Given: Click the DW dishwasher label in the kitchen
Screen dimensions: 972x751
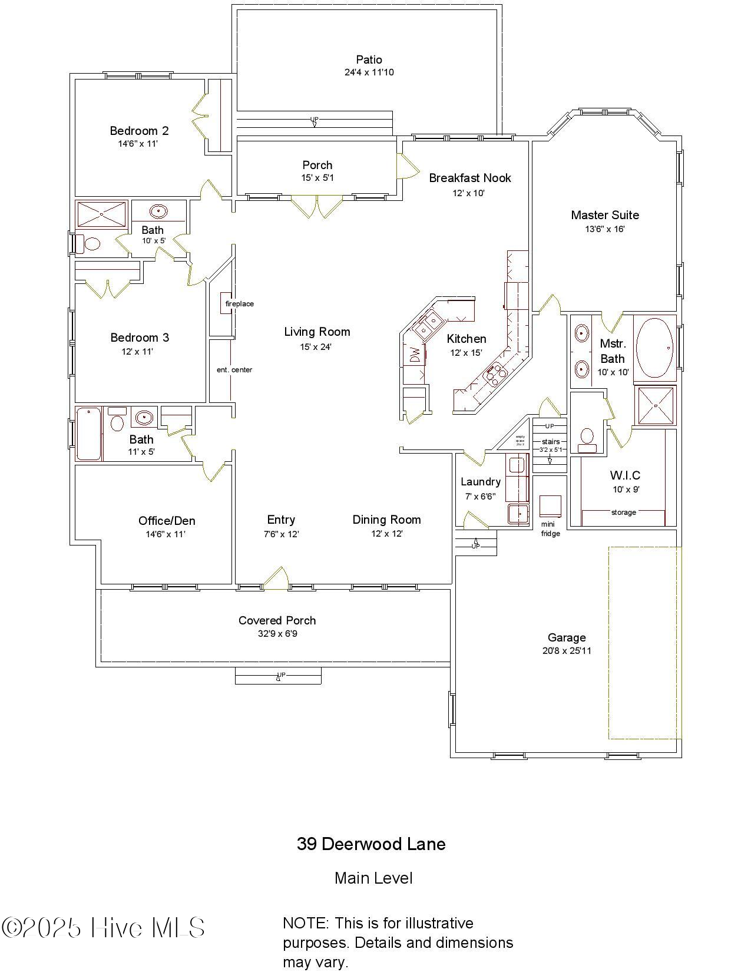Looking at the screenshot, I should pos(415,355).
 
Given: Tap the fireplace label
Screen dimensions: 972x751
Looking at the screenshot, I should pos(240,303).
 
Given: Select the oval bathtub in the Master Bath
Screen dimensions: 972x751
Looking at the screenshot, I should pos(655,348).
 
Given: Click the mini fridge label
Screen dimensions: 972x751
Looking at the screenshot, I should pos(550,530).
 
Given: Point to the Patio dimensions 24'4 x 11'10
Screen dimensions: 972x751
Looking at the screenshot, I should pos(369,72).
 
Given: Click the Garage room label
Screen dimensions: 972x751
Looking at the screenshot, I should pos(567,637).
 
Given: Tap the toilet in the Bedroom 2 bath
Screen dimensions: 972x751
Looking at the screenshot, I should pos(92,243).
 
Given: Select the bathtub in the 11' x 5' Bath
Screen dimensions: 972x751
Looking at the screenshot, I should pos(88,434).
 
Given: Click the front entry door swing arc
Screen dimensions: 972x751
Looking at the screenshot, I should pos(276,577).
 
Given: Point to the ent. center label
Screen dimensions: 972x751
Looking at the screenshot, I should pos(234,369).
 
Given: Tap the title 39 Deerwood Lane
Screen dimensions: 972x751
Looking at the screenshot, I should pos(371,844).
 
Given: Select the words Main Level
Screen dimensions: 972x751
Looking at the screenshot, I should pos(373,878).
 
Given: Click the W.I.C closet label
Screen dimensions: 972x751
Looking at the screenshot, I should pos(625,475).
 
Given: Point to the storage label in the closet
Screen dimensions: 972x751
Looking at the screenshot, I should pos(623,512).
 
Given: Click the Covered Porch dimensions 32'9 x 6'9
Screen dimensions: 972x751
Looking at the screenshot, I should pos(277,634).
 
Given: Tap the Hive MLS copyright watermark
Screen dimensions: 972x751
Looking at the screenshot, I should pos(104,928).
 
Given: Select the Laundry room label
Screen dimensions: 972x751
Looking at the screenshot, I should pos(481,481).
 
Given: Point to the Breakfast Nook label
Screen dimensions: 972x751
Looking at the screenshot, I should pos(469,178).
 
